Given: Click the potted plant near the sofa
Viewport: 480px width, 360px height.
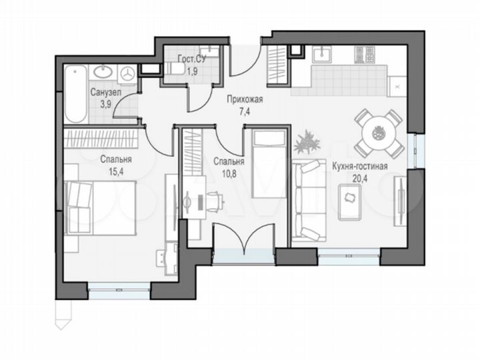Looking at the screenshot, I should [x=308, y=140].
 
